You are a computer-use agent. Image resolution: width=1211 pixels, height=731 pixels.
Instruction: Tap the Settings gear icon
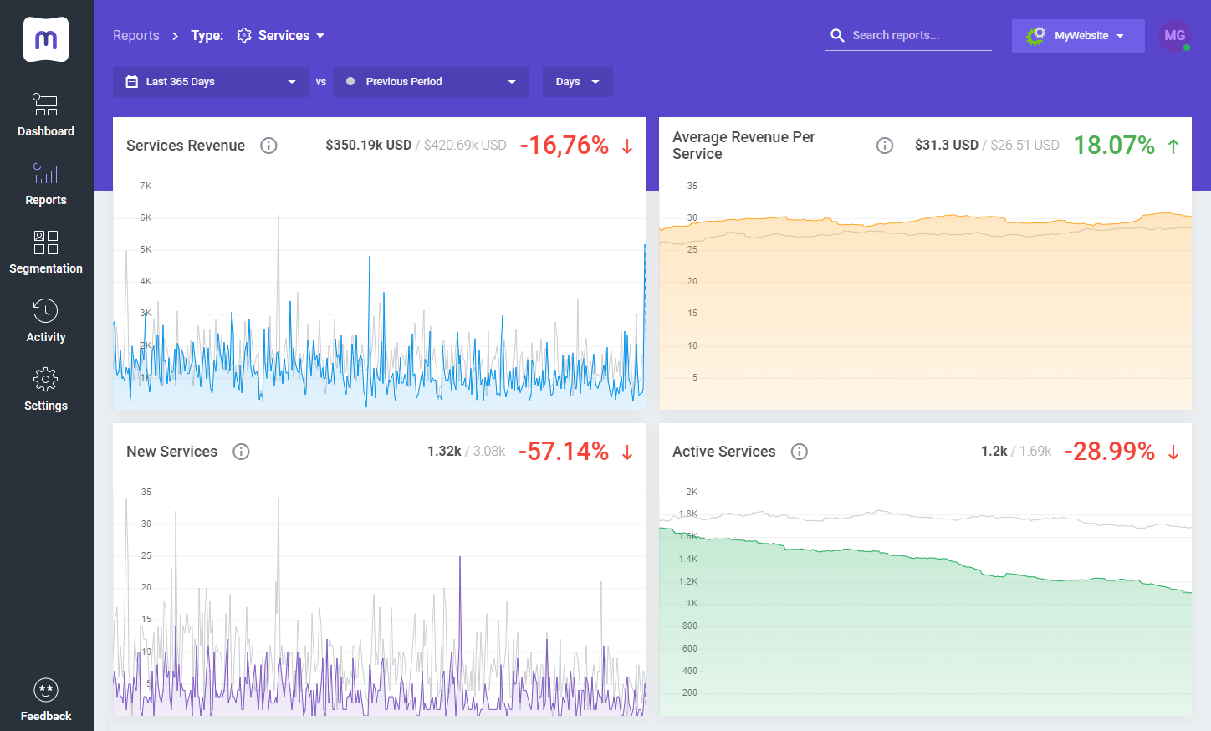coord(46,380)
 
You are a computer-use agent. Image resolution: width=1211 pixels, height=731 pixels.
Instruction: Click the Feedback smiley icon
coord(46,690)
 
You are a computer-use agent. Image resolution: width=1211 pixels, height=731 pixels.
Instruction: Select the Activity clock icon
coord(46,311)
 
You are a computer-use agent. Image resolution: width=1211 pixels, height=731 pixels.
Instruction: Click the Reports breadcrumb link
coord(135,35)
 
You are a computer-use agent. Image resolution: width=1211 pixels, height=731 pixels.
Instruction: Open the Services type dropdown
coord(282,35)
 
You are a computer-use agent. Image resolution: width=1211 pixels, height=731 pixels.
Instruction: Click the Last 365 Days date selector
coord(211,82)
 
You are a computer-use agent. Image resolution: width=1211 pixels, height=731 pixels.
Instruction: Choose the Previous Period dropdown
coord(431,82)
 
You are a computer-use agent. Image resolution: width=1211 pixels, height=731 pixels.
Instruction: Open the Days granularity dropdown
coord(577,82)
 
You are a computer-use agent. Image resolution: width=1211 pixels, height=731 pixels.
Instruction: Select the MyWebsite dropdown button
coord(1078,36)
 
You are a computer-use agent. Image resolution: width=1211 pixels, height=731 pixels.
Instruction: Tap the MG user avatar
coord(1174,36)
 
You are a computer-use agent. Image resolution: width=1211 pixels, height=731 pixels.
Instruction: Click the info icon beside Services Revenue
coord(268,146)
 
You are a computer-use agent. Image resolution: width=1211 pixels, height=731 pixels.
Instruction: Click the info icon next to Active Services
coord(800,452)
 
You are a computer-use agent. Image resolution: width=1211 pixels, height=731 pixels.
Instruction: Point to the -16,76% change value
coord(565,146)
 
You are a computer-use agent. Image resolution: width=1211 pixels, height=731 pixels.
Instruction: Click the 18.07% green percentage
coord(1114,146)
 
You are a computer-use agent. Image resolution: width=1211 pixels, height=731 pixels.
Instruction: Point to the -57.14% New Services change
coord(564,452)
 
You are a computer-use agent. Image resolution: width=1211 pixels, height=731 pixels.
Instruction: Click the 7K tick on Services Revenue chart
coord(146,186)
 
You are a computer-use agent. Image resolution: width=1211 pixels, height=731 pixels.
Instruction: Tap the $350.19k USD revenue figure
coord(368,146)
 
